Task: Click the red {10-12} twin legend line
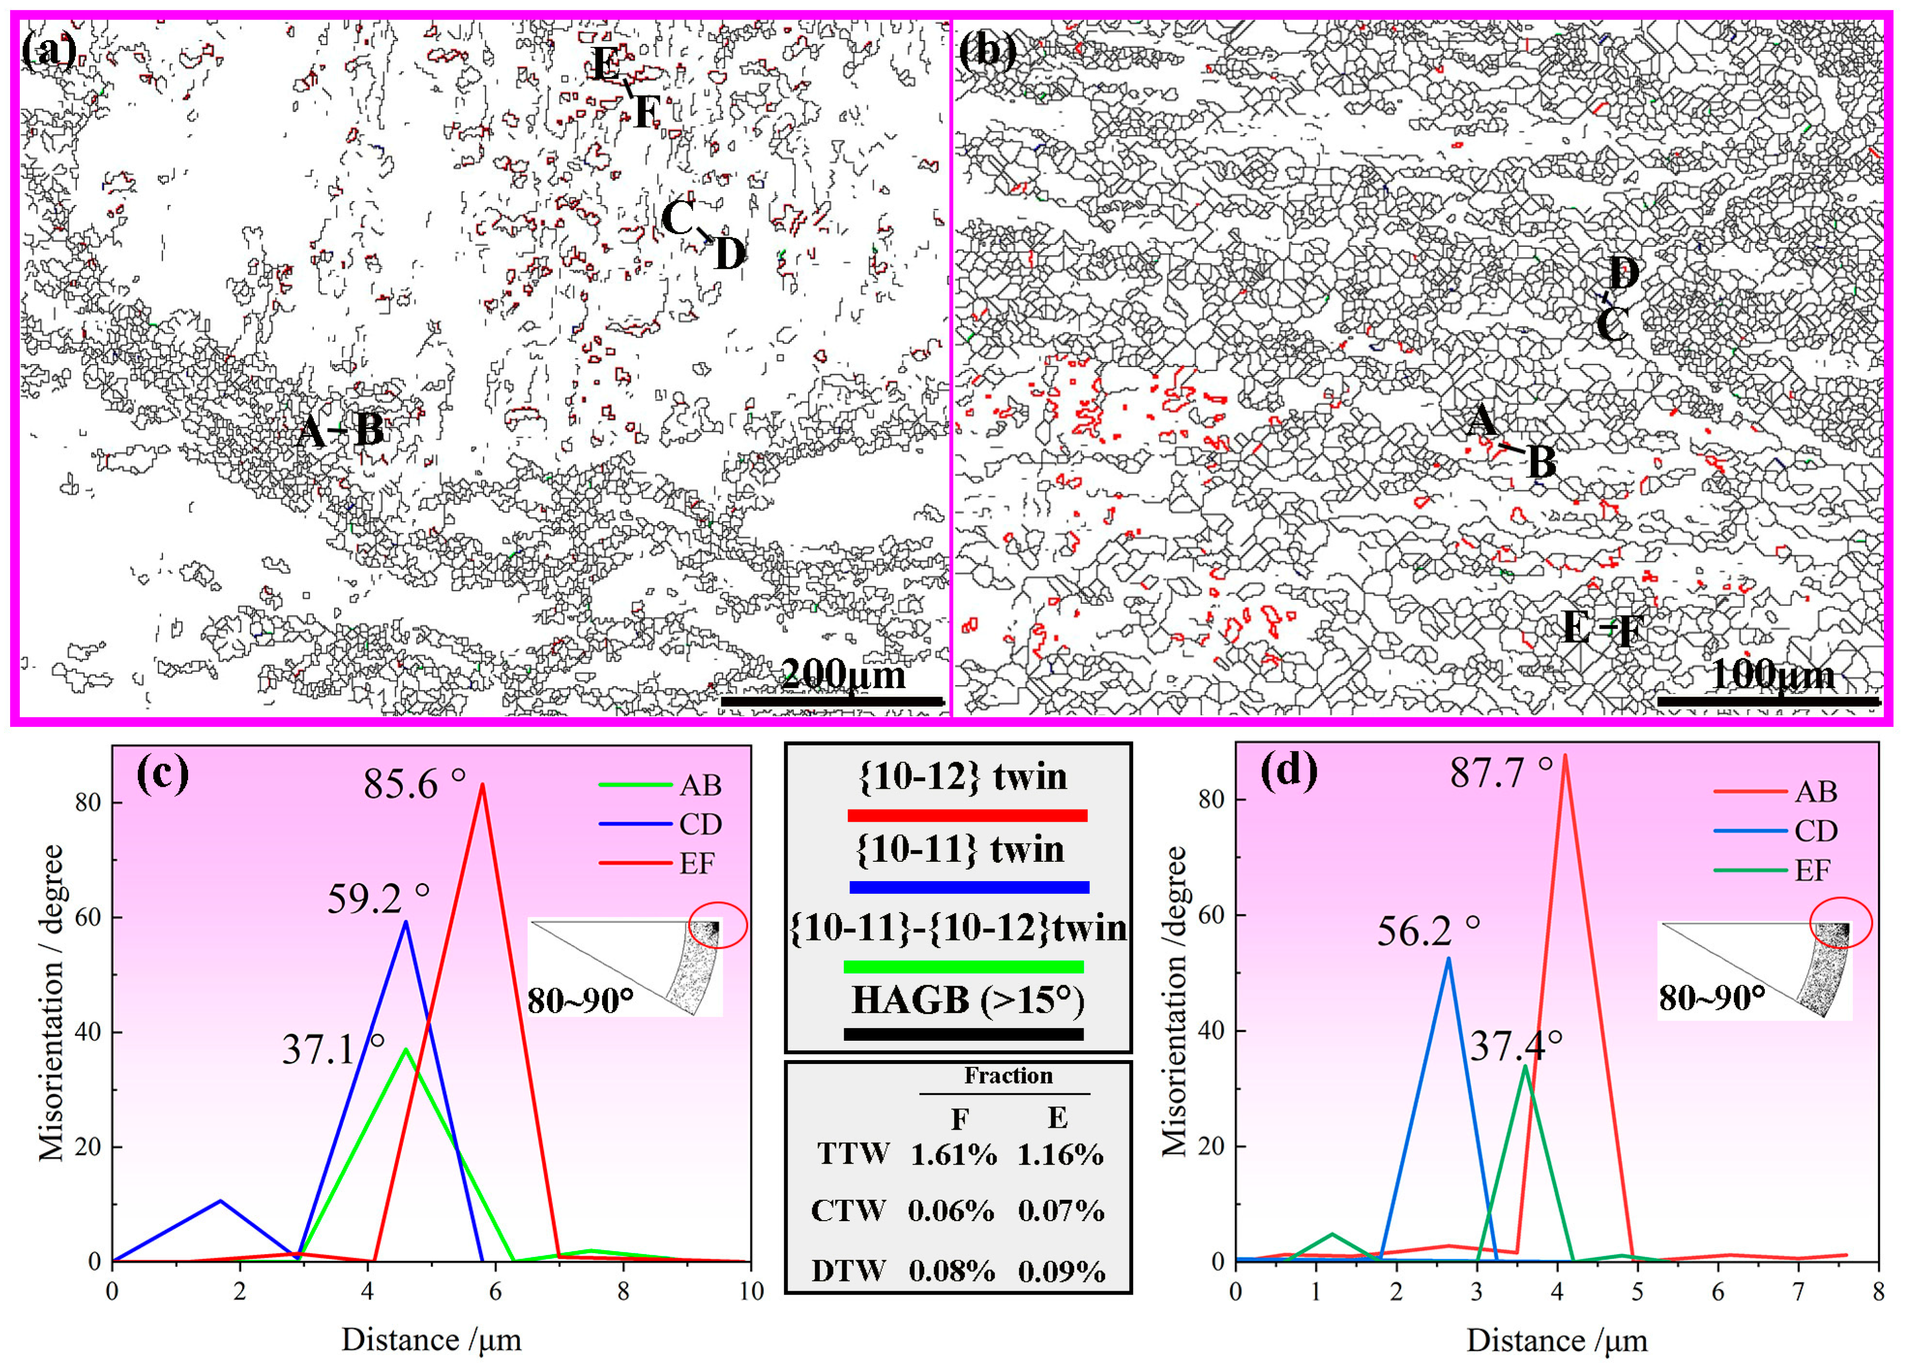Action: pos(967,815)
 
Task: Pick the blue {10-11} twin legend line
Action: pos(969,887)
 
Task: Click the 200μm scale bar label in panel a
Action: pos(843,675)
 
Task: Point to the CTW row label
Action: pos(848,1211)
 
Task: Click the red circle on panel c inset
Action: pos(718,925)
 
